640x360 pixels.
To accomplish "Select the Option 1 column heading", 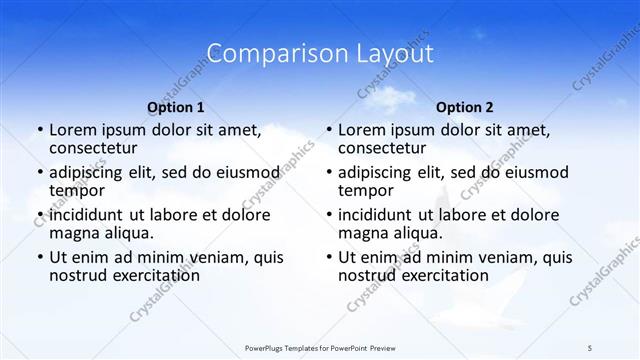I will pos(176,107).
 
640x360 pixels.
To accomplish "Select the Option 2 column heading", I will pos(465,107).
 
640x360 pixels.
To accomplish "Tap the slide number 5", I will pos(590,347).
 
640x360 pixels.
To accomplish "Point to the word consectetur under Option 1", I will pos(96,149).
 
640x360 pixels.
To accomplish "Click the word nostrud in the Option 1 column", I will pos(79,276).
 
